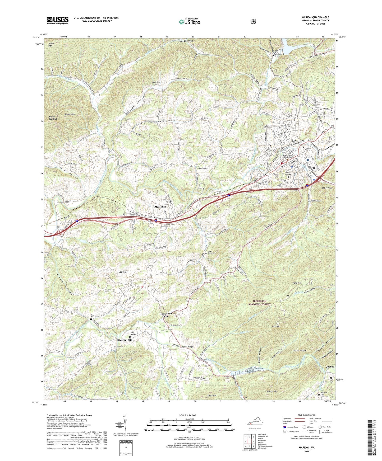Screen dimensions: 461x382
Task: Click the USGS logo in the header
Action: pyautogui.click(x=58, y=20)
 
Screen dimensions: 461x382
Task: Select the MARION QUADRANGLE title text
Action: pyautogui.click(x=315, y=17)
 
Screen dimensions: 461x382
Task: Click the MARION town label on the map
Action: pyautogui.click(x=298, y=141)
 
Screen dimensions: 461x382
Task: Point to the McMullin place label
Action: pyautogui.click(x=160, y=207)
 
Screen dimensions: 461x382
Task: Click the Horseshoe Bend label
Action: pyautogui.click(x=166, y=315)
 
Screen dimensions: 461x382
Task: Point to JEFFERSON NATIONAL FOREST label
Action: pyautogui.click(x=259, y=303)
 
